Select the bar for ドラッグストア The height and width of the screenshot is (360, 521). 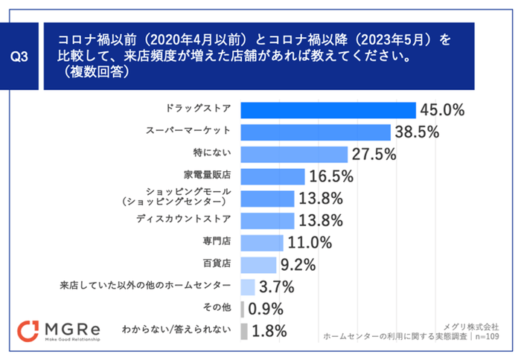click(x=328, y=110)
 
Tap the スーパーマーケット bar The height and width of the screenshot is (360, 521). click(x=316, y=132)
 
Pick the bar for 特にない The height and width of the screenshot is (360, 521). click(x=295, y=154)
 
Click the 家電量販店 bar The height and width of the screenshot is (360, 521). click(x=273, y=176)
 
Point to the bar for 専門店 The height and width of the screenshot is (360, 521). click(x=262, y=242)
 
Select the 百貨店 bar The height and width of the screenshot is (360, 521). click(x=259, y=265)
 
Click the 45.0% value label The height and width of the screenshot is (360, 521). click(x=442, y=110)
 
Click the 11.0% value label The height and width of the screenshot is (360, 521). click(x=310, y=242)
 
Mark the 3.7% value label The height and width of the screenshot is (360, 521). click(x=277, y=287)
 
